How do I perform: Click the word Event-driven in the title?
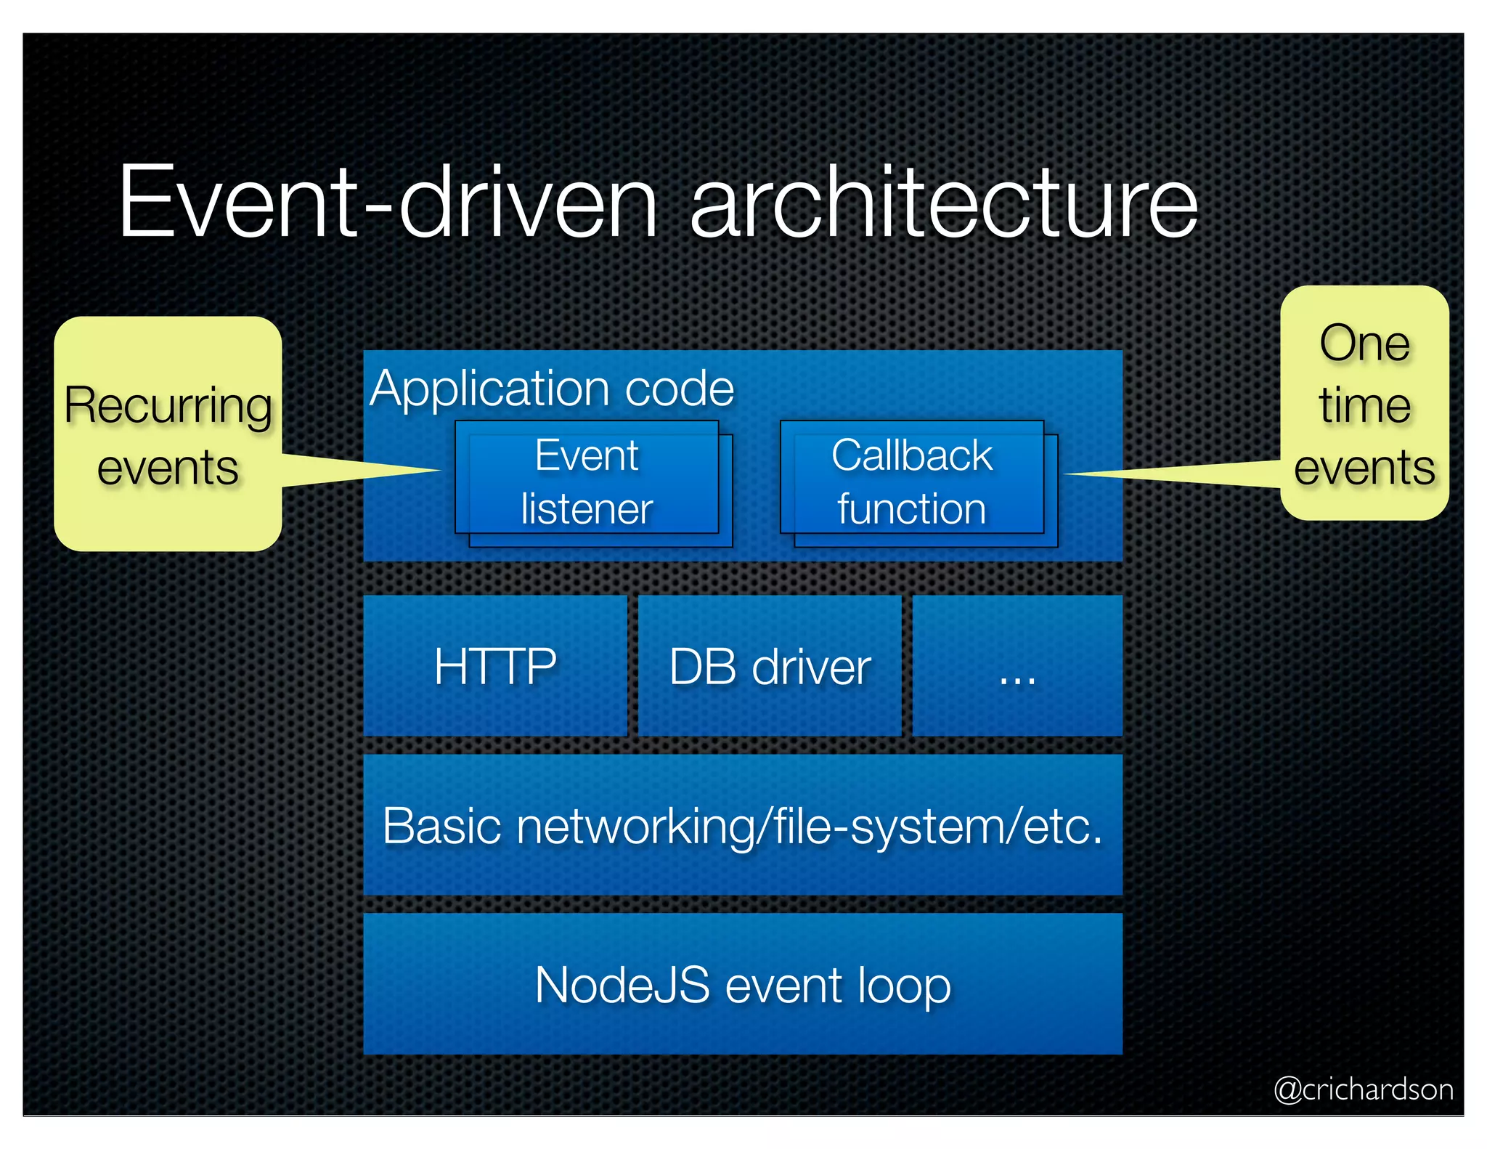tap(388, 202)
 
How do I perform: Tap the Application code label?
tap(552, 388)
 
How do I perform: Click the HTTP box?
tap(495, 666)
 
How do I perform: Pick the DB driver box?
tap(770, 666)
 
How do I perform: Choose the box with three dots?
tap(1017, 666)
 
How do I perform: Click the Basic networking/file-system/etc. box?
tap(743, 825)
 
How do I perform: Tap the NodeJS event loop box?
tap(743, 984)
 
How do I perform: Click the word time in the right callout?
tap(1364, 405)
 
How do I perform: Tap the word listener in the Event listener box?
tap(587, 508)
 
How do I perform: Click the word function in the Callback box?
tap(912, 508)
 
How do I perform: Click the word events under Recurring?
tap(168, 468)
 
